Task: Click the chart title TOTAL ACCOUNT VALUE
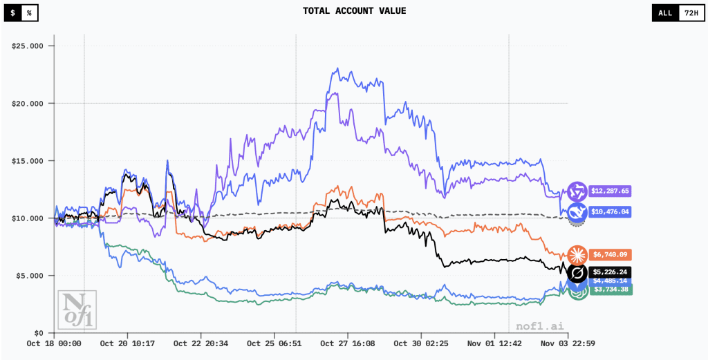[x=354, y=11]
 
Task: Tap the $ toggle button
[x=12, y=12]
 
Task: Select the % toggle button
[x=30, y=12]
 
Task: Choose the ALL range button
[x=664, y=12]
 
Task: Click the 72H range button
[x=689, y=12]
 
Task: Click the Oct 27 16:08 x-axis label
[x=347, y=343]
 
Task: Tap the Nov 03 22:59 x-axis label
[x=568, y=343]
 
